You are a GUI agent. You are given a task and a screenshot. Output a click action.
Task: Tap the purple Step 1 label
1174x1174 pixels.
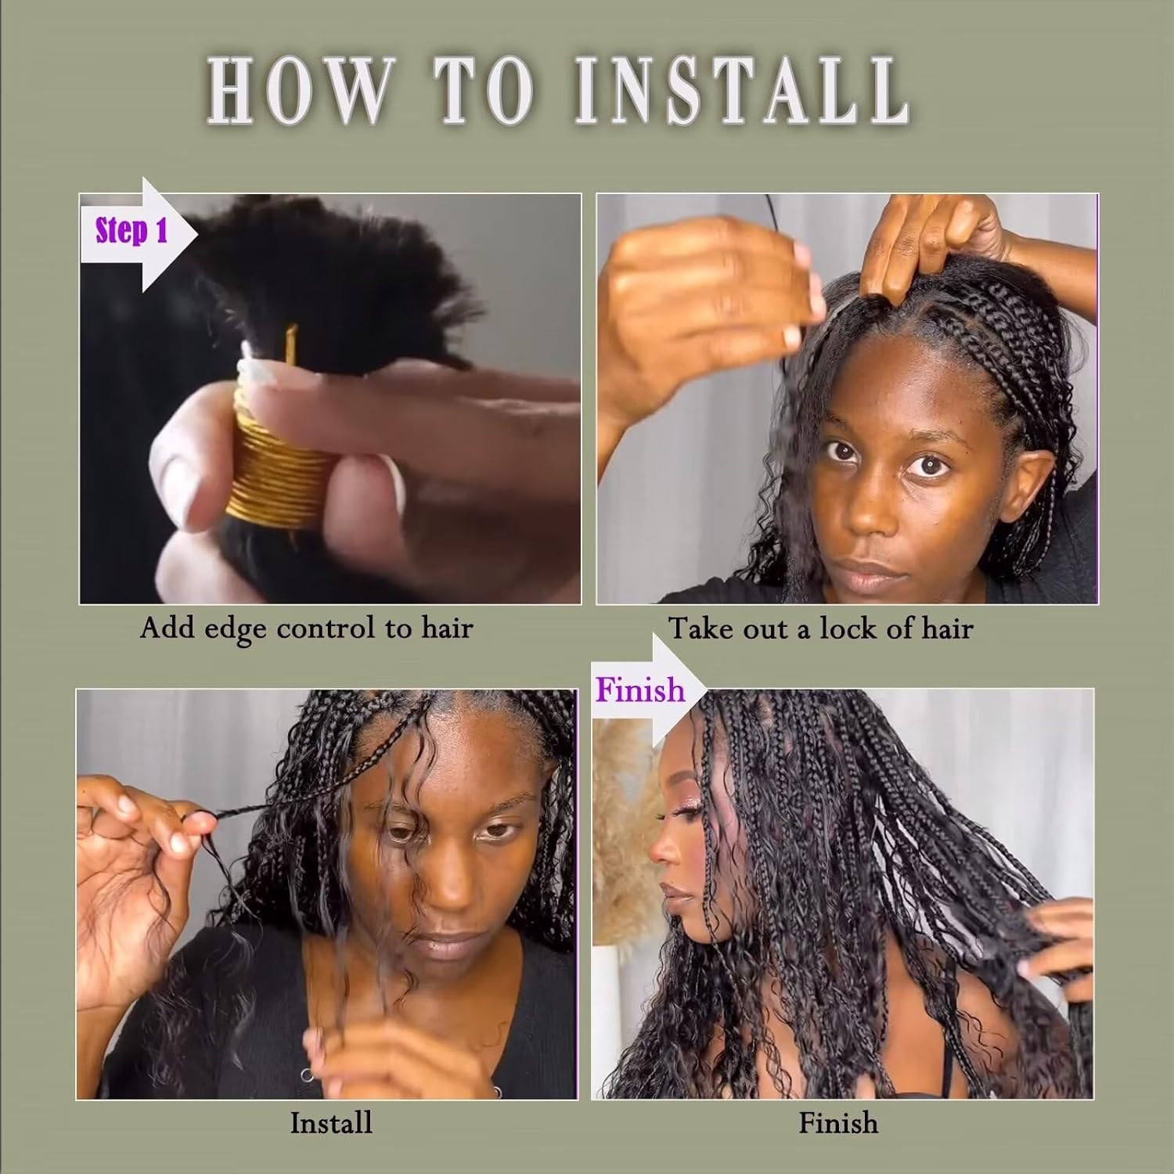pos(131,232)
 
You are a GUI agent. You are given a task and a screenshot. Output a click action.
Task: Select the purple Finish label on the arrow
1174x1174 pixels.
pos(639,690)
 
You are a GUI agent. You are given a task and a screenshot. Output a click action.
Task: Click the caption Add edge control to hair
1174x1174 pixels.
pos(306,628)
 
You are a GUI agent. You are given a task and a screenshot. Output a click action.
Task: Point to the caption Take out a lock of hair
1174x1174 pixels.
pos(820,628)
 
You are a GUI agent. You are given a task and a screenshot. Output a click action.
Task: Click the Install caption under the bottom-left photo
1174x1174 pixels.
pos(330,1123)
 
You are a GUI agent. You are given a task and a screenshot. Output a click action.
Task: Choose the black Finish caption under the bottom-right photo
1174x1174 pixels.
pos(837,1123)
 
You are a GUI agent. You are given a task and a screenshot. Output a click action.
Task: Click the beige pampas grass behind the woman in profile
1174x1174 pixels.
pos(618,790)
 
